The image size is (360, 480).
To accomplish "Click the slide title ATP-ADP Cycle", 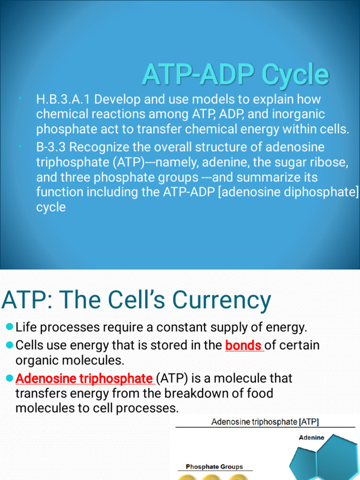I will point(235,75).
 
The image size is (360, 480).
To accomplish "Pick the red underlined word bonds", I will point(244,346).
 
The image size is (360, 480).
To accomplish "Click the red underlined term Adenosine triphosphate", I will point(84,378).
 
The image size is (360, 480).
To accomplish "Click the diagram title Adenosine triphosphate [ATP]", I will point(265,422).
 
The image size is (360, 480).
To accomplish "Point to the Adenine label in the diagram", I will point(311,438).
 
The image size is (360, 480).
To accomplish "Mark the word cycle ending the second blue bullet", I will point(51,207).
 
